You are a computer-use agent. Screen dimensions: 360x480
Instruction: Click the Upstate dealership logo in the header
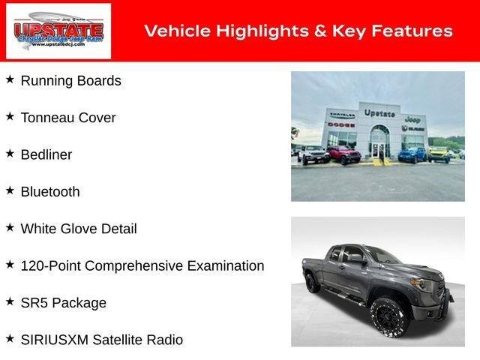pyautogui.click(x=58, y=31)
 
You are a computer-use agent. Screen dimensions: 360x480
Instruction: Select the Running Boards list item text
pyautogui.click(x=70, y=81)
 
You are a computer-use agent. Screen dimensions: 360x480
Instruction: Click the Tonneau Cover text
pyautogui.click(x=68, y=118)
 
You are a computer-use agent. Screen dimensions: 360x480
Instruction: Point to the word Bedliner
pyautogui.click(x=46, y=154)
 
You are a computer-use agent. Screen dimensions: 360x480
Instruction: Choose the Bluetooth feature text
pyautogui.click(x=50, y=192)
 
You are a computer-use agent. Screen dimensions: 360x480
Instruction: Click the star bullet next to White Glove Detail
pyautogui.click(x=10, y=227)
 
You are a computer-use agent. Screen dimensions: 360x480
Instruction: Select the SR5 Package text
pyautogui.click(x=64, y=303)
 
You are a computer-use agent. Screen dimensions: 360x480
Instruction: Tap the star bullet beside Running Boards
pyautogui.click(x=10, y=79)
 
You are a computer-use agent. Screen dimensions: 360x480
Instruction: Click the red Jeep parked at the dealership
pyautogui.click(x=343, y=154)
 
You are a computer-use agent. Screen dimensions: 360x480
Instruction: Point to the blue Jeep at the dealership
pyautogui.click(x=412, y=154)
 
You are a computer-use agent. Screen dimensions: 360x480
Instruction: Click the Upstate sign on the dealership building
pyautogui.click(x=379, y=112)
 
